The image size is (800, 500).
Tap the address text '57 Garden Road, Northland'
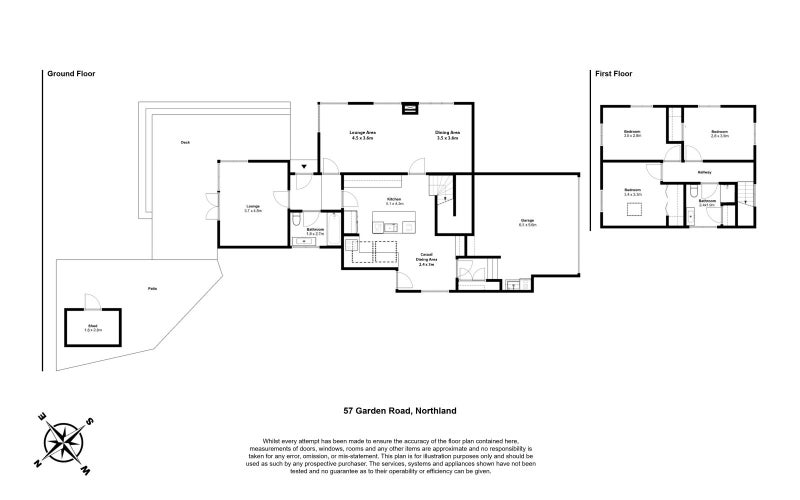[x=400, y=410]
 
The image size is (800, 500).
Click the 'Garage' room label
[x=527, y=222]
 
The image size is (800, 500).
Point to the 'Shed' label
[x=92, y=325]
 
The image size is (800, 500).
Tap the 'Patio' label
[x=152, y=286]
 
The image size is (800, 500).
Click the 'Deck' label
[x=185, y=142]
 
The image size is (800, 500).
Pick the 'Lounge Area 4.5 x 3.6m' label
[x=362, y=135]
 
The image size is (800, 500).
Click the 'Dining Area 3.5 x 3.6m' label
[x=446, y=135]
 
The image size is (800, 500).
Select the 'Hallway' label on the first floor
[x=704, y=172]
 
